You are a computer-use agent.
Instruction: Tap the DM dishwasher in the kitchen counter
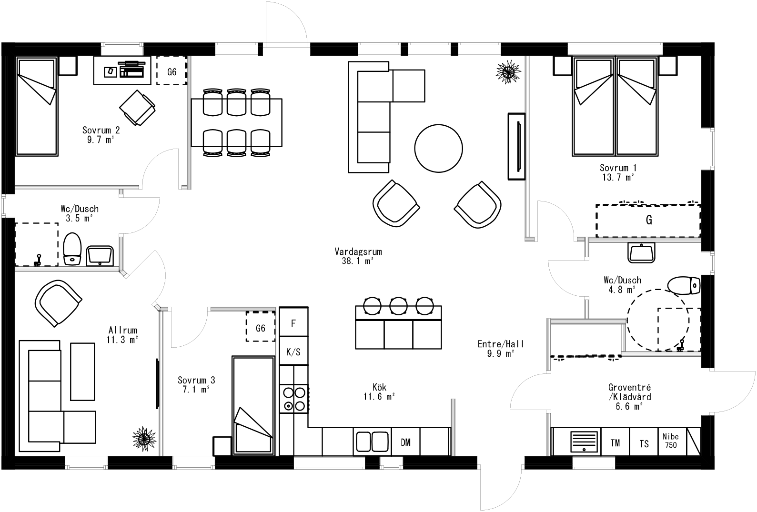[405, 442]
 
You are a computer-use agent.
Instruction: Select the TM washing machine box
[615, 442]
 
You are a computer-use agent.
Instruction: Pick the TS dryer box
[644, 442]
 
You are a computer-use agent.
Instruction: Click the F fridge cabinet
[293, 322]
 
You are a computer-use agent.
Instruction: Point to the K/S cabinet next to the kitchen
[293, 351]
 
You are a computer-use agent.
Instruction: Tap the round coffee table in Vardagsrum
[438, 148]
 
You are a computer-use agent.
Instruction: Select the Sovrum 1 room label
[618, 172]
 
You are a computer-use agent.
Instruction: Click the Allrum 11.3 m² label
[123, 335]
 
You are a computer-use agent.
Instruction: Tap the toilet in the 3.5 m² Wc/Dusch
[72, 249]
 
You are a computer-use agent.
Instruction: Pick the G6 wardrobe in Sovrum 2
[172, 71]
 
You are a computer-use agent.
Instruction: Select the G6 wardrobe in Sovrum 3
[261, 327]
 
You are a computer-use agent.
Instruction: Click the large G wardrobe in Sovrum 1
[648, 221]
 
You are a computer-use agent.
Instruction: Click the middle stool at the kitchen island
[397, 305]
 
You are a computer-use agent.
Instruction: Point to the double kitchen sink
[372, 441]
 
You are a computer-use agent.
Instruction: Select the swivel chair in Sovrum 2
[137, 108]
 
